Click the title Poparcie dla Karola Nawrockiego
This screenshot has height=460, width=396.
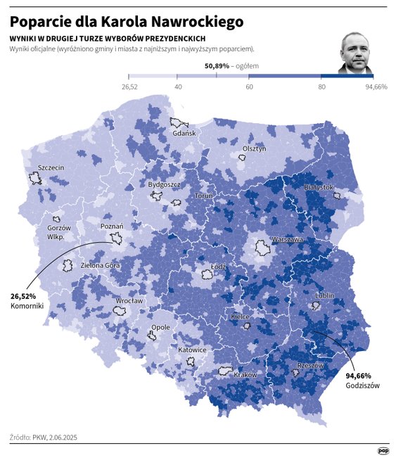(127, 22)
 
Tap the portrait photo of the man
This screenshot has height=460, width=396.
(355, 53)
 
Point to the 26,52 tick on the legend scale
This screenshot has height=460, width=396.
(129, 87)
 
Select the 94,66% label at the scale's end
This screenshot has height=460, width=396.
(376, 87)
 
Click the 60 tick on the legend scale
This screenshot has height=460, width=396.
(250, 87)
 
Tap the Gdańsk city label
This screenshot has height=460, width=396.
(185, 134)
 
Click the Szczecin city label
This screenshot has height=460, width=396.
(51, 167)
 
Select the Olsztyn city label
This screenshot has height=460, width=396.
(254, 148)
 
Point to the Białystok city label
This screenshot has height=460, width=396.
(319, 188)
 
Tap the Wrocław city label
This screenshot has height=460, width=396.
(129, 300)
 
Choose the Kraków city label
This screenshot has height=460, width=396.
(245, 375)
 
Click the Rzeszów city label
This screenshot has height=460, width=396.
(310, 366)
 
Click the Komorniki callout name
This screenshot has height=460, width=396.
(27, 307)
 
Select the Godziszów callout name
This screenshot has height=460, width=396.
(362, 385)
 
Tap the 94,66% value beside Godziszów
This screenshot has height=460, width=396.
(358, 376)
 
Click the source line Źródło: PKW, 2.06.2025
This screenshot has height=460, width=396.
(44, 437)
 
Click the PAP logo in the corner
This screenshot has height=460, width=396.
(383, 451)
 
